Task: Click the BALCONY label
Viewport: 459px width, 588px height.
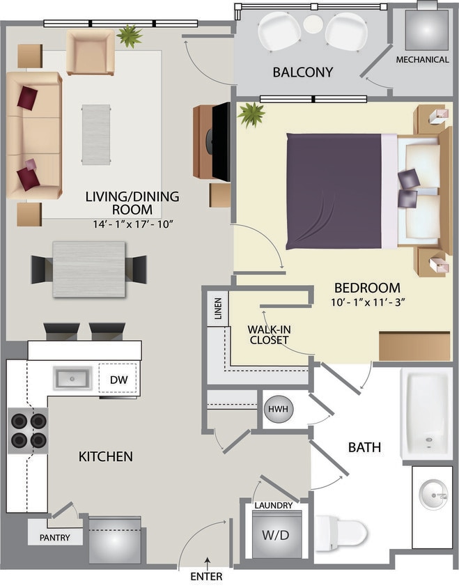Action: (302, 72)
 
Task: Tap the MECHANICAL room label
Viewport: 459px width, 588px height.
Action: (422, 60)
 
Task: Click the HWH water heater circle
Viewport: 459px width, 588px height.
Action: (278, 409)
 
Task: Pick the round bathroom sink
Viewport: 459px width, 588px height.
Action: (434, 496)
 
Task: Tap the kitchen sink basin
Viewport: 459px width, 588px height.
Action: (73, 379)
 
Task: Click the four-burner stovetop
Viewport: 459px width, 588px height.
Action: (28, 431)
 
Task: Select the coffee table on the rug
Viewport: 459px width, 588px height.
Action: (96, 134)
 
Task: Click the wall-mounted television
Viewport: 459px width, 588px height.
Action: (221, 141)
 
